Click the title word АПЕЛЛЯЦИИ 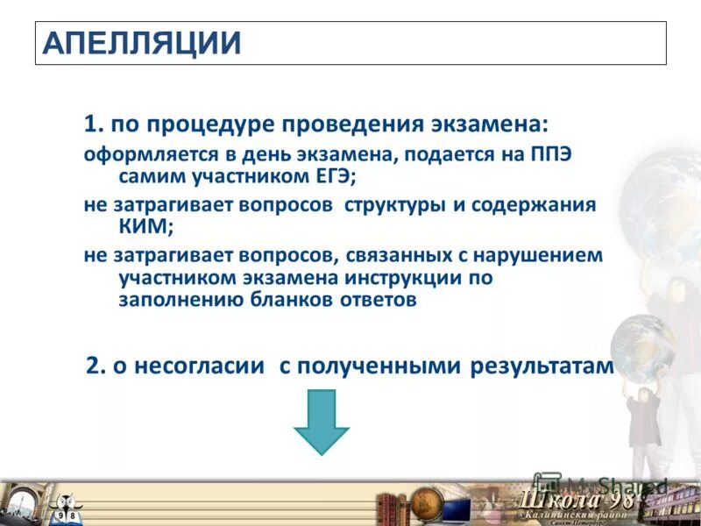tap(141, 42)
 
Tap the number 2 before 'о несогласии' tap(93, 366)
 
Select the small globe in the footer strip tap(426, 503)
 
